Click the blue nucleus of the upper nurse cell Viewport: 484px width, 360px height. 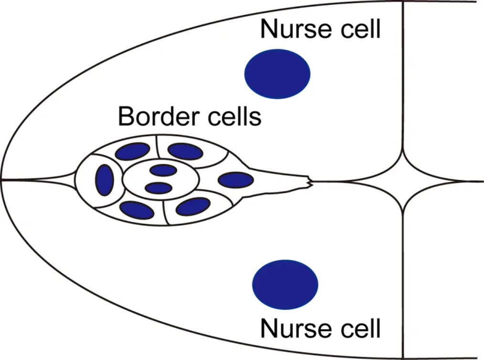(x=277, y=74)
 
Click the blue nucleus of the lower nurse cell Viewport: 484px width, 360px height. (x=285, y=284)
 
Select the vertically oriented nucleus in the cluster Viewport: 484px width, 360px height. (x=104, y=179)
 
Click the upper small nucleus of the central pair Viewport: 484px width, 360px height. (x=163, y=170)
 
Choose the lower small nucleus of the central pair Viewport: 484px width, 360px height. (x=158, y=188)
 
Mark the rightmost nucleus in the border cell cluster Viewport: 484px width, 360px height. (x=236, y=180)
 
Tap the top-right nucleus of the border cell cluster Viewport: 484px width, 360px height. (x=185, y=151)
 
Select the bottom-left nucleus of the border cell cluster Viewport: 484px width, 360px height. (x=137, y=209)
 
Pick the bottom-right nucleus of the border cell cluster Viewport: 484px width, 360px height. (x=193, y=206)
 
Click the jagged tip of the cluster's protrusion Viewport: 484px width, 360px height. (x=309, y=181)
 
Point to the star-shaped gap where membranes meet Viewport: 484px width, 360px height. (x=403, y=181)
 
